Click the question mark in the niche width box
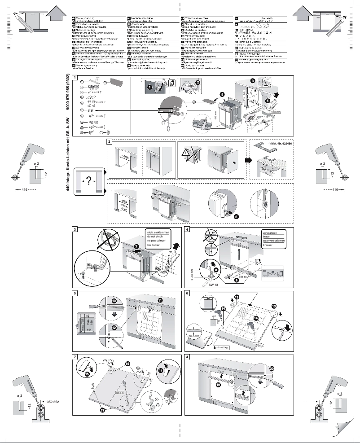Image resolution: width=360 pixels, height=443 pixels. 89,180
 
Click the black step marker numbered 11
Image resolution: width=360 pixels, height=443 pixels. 160,299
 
